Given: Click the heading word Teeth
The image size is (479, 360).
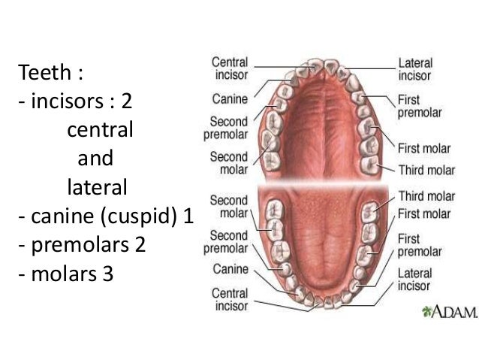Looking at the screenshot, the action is coord(45,74).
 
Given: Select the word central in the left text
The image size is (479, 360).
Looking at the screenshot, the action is coord(100,130).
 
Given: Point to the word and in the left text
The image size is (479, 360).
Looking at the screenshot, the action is coord(95,159).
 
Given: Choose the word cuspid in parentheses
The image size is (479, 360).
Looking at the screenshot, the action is coord(138,216).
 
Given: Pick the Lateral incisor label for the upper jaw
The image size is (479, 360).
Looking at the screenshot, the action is coord(415,69).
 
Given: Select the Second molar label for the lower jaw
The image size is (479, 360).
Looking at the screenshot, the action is coord(229,207).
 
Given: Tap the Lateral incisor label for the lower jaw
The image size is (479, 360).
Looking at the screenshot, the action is coord(414,280).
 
